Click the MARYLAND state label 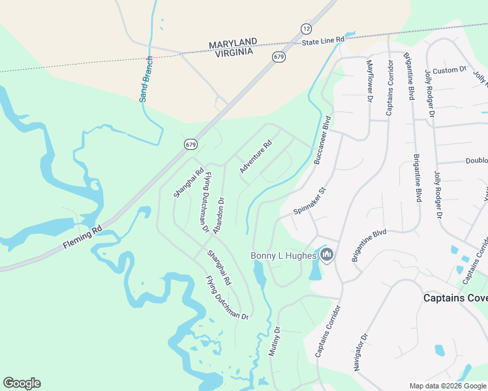(x=233, y=44)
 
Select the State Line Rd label (x=323, y=41)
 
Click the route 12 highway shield (x=306, y=29)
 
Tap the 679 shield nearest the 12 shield (x=279, y=57)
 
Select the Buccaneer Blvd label (x=323, y=139)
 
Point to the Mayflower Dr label (x=369, y=80)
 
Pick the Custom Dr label (x=450, y=70)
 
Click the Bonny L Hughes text (x=284, y=256)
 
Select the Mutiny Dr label (x=274, y=341)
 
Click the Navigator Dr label (x=361, y=353)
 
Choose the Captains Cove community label (x=455, y=297)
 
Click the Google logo (x=22, y=383)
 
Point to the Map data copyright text (x=448, y=386)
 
